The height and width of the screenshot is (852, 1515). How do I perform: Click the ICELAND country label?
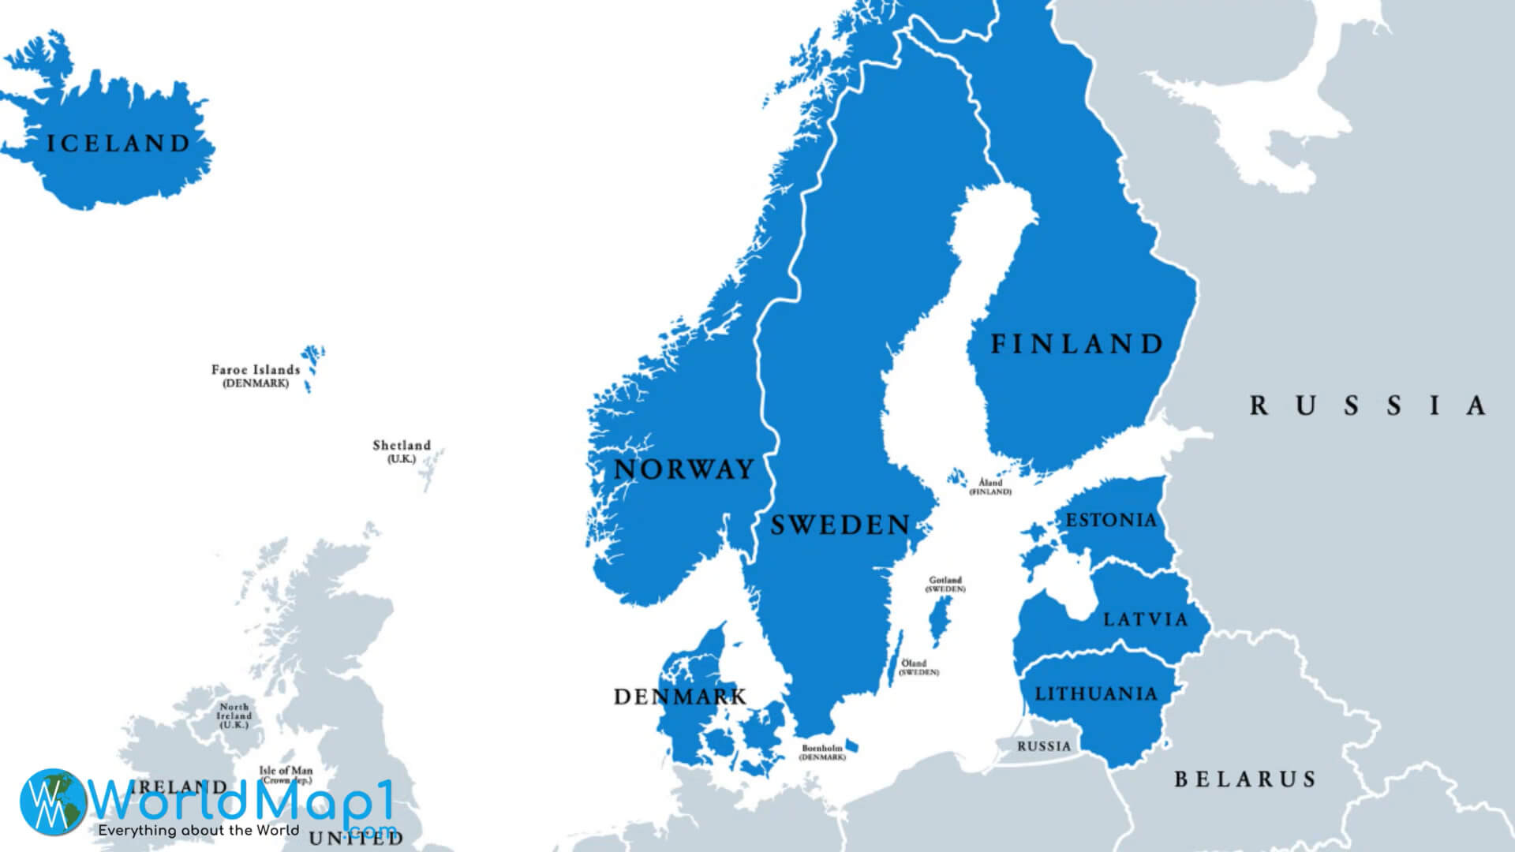118,144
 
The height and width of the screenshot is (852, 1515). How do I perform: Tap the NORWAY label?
683,469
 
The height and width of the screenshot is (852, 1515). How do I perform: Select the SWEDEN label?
840,525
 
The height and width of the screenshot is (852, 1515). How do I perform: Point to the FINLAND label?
1077,344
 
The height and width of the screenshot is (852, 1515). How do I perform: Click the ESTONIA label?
1111,520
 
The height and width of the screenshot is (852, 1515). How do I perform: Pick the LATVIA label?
1145,619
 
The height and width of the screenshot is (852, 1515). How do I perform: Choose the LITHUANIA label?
1096,694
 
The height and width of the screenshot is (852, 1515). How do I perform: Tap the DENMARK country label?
679,697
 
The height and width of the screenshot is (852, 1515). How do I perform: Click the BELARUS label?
1244,779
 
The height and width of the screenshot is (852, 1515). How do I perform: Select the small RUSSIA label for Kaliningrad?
1044,746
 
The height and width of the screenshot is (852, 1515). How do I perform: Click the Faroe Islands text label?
256,370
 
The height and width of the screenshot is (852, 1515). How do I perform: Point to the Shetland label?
402,446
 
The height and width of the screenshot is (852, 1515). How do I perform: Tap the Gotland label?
945,581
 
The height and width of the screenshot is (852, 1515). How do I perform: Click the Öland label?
915,663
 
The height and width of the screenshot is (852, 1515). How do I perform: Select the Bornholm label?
822,748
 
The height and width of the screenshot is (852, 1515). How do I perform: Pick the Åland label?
990,483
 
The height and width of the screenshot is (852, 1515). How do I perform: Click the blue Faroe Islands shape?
312,360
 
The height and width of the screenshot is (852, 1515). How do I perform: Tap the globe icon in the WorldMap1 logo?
53,802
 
